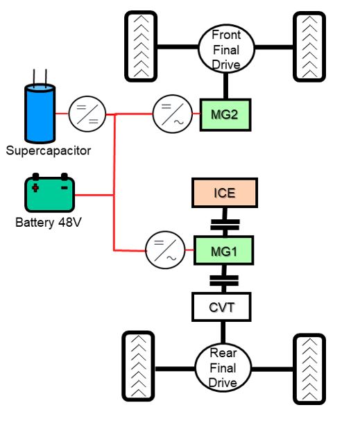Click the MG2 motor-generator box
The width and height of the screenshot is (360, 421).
[225, 115]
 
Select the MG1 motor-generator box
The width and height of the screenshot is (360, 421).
[223, 251]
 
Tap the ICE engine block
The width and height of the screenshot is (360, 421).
[225, 193]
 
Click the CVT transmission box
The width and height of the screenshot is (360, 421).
[221, 307]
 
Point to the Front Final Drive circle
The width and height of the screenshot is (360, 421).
[226, 49]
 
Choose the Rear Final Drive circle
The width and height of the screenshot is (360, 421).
[223, 368]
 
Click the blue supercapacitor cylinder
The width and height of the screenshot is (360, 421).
[40, 113]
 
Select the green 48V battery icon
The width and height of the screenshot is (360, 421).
[50, 193]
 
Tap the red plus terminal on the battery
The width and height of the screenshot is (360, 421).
[35, 188]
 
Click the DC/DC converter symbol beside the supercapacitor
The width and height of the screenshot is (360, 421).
[87, 114]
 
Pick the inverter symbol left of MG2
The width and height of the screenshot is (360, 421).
[172, 114]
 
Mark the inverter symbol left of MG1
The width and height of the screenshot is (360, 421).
[165, 250]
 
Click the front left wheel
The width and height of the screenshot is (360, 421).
[141, 46]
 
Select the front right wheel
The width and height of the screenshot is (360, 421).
[309, 46]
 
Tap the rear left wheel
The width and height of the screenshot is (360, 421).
[138, 366]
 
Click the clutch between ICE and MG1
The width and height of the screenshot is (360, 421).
[225, 225]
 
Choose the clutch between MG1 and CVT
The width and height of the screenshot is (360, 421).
[224, 281]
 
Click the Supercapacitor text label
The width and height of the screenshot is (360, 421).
[49, 151]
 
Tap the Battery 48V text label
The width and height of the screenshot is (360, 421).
[49, 223]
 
